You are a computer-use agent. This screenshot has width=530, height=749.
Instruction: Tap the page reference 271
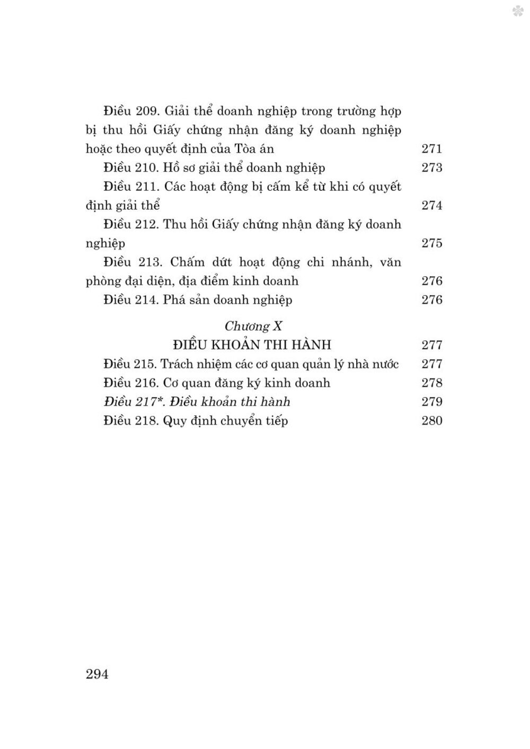(431, 149)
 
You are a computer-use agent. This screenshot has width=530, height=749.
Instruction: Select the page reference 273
(431, 168)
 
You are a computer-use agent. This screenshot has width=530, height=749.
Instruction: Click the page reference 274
(431, 206)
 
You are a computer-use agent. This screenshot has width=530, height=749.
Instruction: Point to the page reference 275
(431, 243)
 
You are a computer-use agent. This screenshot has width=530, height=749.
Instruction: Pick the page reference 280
(431, 421)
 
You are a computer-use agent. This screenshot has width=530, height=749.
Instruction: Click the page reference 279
(431, 402)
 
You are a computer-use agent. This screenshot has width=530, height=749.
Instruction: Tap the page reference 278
(431, 383)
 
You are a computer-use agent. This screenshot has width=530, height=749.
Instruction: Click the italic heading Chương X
(253, 325)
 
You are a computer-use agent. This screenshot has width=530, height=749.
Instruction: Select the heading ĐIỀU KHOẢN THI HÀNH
(252, 345)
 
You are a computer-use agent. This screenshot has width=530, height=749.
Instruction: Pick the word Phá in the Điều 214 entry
(173, 300)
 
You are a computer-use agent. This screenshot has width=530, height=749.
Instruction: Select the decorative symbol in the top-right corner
(517, 12)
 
